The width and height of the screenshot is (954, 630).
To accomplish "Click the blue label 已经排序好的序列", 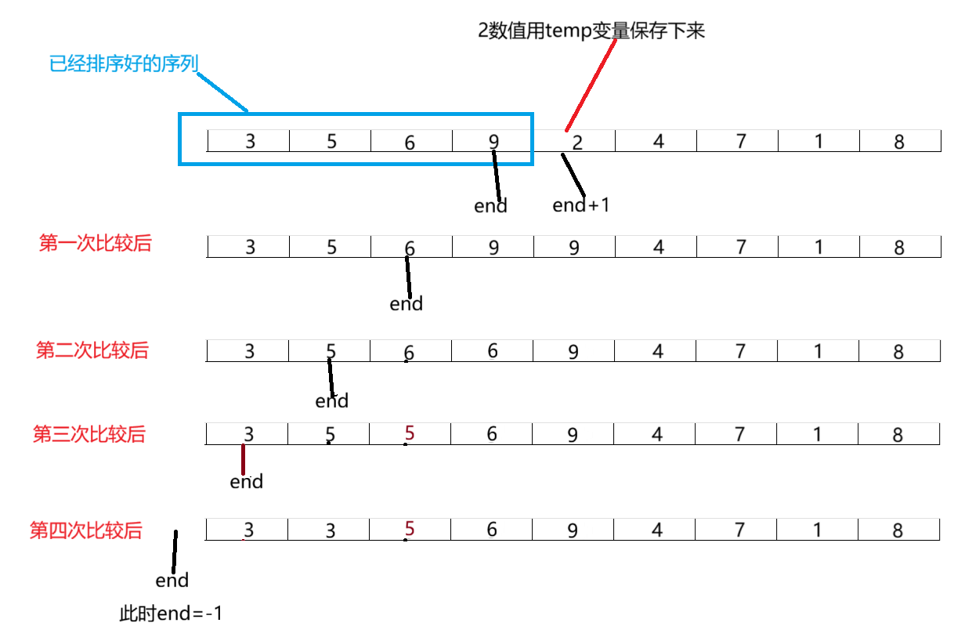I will tap(122, 63).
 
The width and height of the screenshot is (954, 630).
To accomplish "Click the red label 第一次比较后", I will tap(95, 243).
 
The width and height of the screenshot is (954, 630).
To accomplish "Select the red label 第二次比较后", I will tap(92, 349).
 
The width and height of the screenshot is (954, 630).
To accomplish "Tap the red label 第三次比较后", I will tap(89, 433).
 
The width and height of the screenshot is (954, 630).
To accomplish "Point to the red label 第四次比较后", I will tap(85, 530).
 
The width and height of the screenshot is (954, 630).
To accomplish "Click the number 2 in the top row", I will tap(577, 143).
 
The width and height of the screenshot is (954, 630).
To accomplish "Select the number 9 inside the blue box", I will tap(493, 142).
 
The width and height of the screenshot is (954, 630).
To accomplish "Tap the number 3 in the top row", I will tap(250, 142).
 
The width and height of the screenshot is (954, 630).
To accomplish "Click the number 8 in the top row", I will tap(899, 142).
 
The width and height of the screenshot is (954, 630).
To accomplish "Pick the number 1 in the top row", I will tap(818, 141).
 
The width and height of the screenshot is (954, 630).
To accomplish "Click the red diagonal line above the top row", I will tap(591, 85).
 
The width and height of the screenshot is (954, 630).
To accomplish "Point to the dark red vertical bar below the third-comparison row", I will tap(244, 460).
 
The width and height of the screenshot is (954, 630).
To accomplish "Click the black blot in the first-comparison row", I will tap(579, 248).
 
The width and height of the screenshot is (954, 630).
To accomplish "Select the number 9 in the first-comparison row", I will tap(493, 247).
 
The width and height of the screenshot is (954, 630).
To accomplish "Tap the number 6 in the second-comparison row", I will tap(409, 353).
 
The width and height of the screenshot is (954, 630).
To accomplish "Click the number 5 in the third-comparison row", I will tap(331, 435).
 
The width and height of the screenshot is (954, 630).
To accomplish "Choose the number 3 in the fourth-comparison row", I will tap(249, 530).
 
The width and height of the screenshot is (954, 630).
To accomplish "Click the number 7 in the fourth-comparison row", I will tap(739, 530).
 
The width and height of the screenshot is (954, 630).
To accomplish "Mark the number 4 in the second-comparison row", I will tap(657, 351).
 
